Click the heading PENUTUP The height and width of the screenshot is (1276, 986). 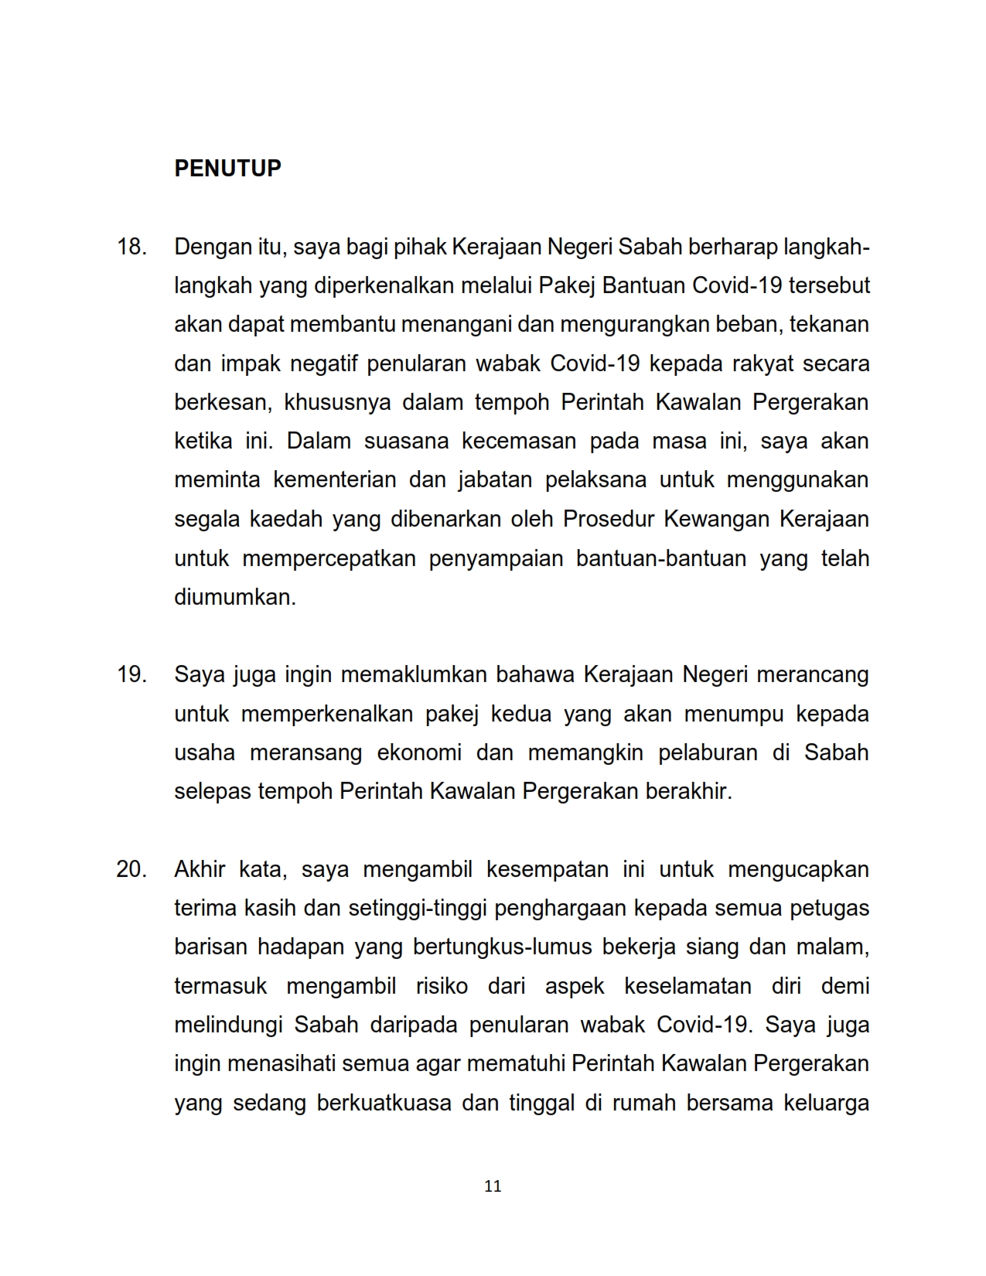(x=227, y=169)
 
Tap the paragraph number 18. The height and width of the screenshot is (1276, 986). (x=131, y=247)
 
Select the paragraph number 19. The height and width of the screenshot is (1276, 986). (x=131, y=674)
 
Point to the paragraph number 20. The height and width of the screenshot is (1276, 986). (x=131, y=869)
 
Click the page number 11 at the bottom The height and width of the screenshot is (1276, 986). (x=493, y=1186)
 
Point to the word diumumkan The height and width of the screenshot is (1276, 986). (x=235, y=597)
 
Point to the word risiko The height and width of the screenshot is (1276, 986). (x=442, y=986)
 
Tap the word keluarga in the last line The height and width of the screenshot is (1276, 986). (x=826, y=1103)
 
